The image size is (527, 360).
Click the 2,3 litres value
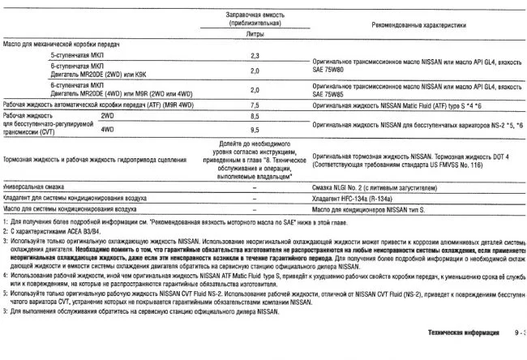point(255,54)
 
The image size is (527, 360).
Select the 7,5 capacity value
point(255,105)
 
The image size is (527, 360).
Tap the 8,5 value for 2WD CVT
point(255,116)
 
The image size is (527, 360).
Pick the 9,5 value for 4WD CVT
point(255,129)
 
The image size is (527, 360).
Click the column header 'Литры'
point(255,34)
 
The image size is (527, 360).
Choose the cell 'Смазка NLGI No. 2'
point(363,187)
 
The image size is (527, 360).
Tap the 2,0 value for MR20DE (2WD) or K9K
point(255,70)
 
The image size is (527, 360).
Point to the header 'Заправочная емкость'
point(255,15)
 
